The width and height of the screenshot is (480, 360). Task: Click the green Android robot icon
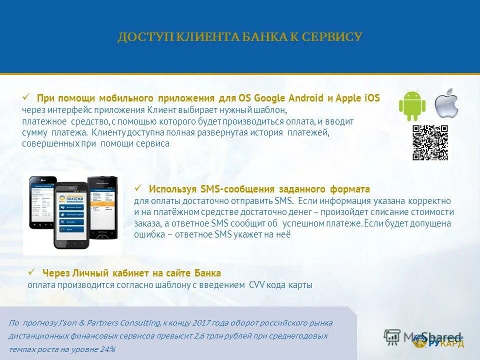[412, 105]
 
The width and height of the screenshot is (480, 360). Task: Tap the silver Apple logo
[446, 103]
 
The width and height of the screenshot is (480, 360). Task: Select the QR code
[429, 142]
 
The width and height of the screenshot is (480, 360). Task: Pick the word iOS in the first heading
[371, 98]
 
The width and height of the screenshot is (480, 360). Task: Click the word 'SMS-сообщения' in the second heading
[237, 189]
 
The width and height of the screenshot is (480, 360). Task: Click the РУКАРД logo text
[446, 343]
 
